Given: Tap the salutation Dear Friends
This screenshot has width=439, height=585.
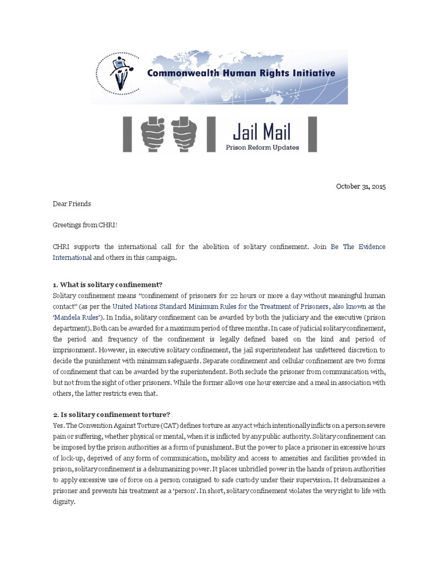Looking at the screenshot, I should [71, 203].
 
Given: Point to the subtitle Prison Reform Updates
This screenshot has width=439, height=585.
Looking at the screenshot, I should [261, 148].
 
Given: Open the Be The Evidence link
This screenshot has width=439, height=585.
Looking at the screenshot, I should [358, 247].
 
